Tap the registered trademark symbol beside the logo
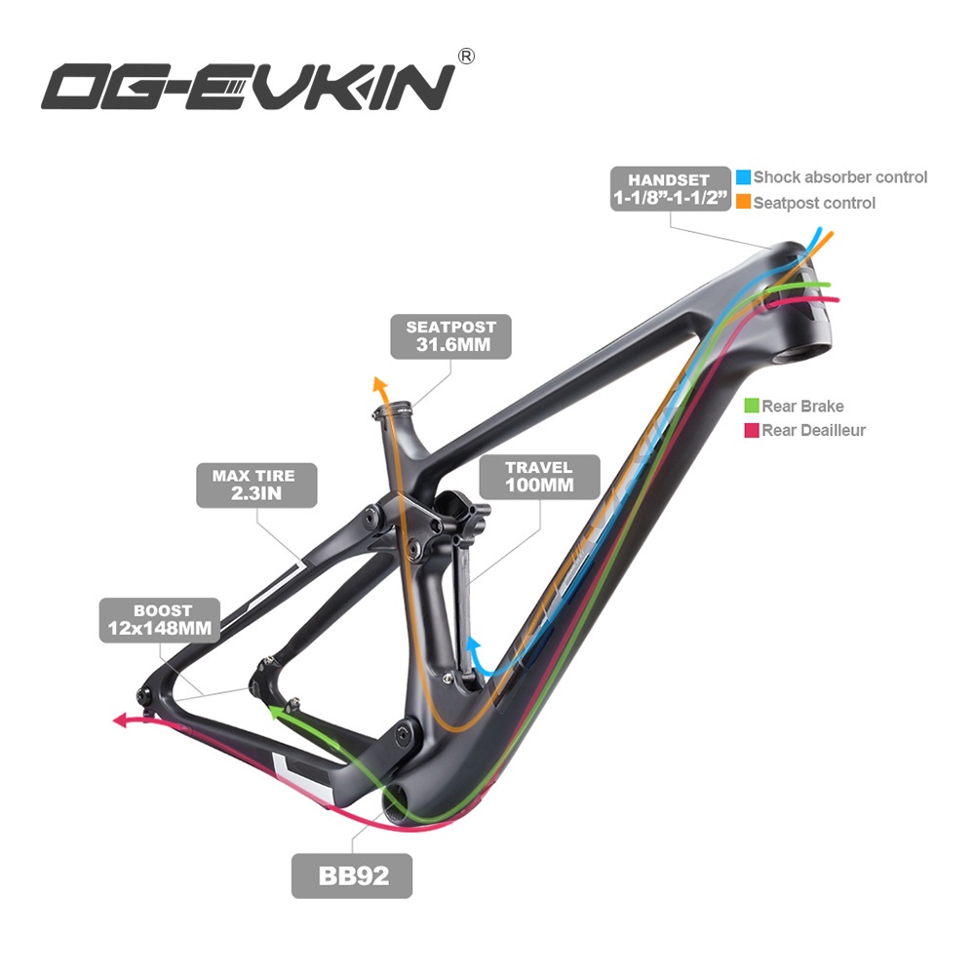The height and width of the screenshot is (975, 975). pyautogui.click(x=466, y=57)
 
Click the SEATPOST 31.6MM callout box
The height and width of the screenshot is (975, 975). pyautogui.click(x=451, y=337)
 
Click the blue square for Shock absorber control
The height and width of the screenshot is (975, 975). pyautogui.click(x=743, y=177)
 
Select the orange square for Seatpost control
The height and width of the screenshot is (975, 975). pyautogui.click(x=743, y=203)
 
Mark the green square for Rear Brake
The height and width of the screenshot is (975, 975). pyautogui.click(x=751, y=407)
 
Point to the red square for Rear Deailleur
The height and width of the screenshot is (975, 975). pyautogui.click(x=751, y=430)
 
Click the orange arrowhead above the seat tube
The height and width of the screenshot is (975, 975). pyautogui.click(x=380, y=384)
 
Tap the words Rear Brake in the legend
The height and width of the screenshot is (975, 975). pyautogui.click(x=802, y=407)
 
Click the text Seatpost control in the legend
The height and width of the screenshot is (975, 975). pyautogui.click(x=814, y=203)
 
